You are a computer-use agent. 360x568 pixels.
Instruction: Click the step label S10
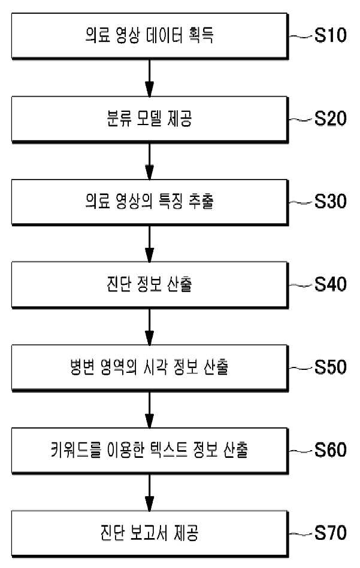330,35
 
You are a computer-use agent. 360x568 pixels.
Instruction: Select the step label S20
330,118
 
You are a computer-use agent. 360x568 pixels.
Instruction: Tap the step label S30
330,201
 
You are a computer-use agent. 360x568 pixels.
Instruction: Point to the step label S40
330,284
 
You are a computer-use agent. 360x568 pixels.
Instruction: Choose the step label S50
330,367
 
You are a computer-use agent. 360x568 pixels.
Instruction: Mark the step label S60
330,449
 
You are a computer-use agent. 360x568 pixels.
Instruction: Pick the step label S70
330,533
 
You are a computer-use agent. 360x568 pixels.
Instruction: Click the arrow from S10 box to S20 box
149,78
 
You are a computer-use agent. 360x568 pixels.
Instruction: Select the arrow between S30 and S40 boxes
149,244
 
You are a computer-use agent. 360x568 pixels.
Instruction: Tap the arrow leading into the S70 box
149,493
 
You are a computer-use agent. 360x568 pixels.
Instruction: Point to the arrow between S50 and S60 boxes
149,410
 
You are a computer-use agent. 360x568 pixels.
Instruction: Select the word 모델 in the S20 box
149,118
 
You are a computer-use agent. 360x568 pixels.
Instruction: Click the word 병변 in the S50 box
82,367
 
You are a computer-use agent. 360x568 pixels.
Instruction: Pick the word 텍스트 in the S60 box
169,450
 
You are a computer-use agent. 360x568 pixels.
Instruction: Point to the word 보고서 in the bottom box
149,533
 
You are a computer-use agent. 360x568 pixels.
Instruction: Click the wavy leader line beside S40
301,285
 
